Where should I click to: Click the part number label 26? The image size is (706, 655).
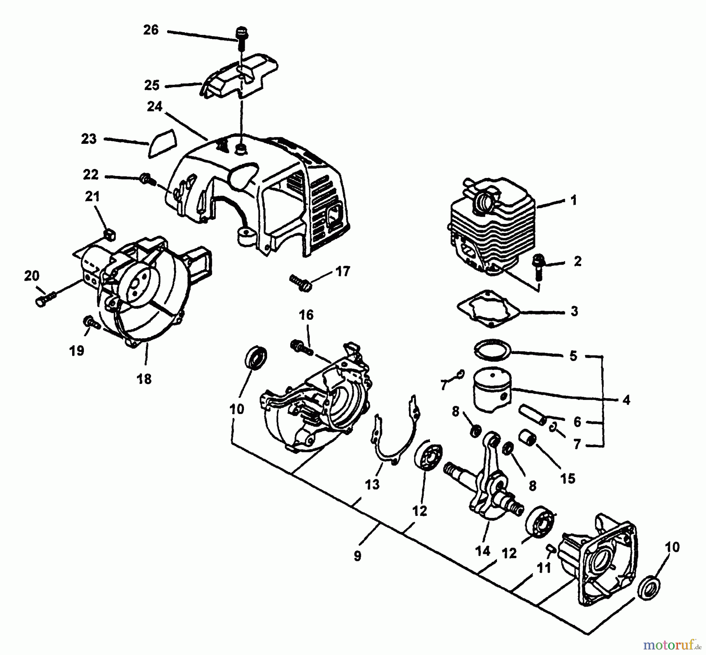pyautogui.click(x=151, y=30)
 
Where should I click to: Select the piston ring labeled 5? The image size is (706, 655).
pyautogui.click(x=493, y=349)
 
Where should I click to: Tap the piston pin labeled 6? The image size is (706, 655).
pyautogui.click(x=531, y=415)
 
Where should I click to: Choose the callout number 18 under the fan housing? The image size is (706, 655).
pyautogui.click(x=144, y=379)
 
